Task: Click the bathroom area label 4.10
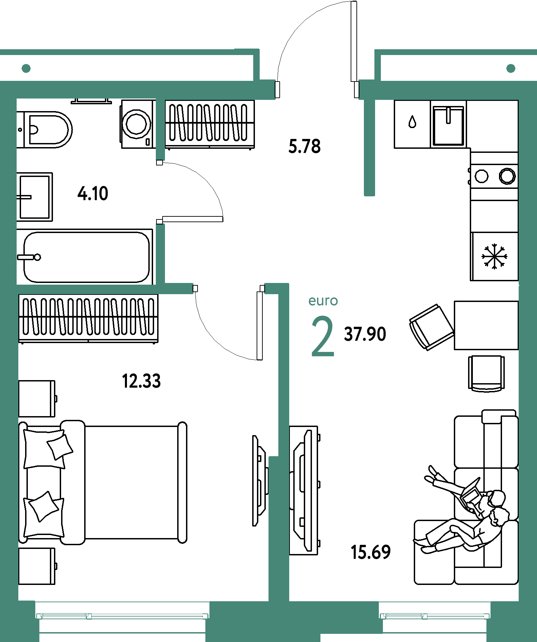[93, 194]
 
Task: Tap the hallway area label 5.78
[304, 146]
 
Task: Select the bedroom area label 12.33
[141, 381]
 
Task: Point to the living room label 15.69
[371, 552]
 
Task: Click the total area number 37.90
[365, 334]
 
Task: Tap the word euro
[323, 301]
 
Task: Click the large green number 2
[323, 336]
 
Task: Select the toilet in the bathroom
[44, 129]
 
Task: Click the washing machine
[137, 124]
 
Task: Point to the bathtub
[85, 257]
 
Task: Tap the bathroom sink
[35, 197]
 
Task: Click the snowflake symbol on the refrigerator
[494, 256]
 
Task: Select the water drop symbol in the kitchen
[412, 122]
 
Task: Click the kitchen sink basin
[448, 125]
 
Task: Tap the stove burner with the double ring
[507, 176]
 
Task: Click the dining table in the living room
[486, 325]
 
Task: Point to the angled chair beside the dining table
[431, 327]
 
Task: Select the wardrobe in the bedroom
[89, 319]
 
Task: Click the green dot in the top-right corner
[511, 68]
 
